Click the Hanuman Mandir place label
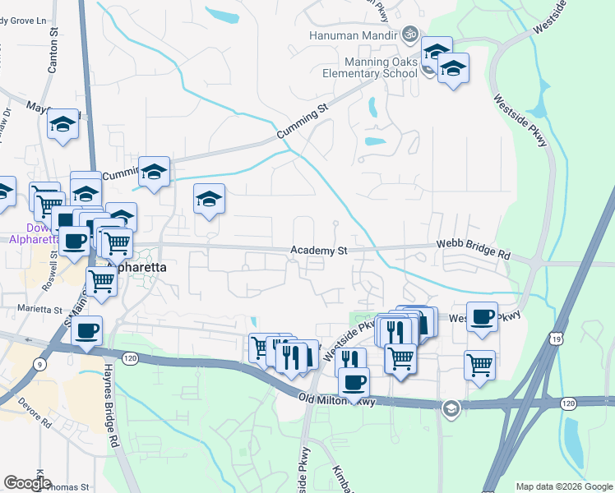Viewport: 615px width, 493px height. (352, 36)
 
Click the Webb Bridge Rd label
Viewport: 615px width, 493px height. (473, 250)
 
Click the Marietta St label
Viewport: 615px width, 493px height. (40, 310)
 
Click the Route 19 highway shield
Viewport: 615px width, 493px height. (556, 339)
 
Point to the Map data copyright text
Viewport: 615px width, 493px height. (564, 486)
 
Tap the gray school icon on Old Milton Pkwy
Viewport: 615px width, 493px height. (450, 408)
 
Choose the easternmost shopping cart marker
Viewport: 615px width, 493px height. (479, 363)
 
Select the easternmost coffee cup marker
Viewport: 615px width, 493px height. (483, 316)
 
